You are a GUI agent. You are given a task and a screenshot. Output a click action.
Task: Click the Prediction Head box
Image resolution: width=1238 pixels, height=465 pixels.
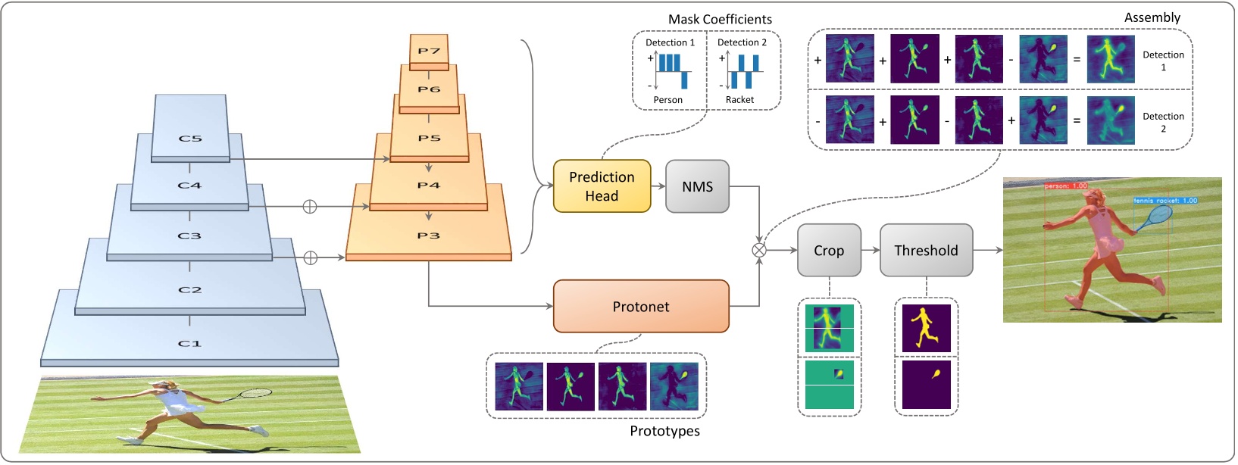tap(602, 186)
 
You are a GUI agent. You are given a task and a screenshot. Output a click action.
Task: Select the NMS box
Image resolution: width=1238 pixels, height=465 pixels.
tap(697, 186)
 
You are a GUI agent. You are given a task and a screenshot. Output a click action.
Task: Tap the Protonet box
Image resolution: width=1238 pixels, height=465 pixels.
tap(641, 307)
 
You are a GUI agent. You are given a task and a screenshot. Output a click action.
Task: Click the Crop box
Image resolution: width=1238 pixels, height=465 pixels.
tap(829, 251)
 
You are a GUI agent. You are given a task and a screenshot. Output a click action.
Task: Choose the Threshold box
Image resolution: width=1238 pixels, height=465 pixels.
tap(926, 251)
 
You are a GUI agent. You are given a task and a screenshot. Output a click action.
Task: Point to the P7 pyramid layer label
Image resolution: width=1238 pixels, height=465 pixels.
tap(429, 51)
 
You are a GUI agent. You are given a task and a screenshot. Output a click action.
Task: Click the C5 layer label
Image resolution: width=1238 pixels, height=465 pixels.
tap(190, 139)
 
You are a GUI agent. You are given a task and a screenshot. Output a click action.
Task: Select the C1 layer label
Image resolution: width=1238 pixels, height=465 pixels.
tap(189, 344)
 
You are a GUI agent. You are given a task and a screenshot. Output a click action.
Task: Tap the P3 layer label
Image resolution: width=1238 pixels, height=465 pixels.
tap(428, 236)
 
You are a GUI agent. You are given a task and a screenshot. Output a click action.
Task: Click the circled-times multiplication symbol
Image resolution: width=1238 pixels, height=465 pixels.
tap(758, 250)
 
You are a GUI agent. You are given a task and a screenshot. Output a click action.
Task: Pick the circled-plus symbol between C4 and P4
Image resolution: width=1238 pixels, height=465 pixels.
tap(309, 206)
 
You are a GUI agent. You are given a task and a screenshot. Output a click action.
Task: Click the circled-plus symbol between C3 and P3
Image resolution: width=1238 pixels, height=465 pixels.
tap(310, 258)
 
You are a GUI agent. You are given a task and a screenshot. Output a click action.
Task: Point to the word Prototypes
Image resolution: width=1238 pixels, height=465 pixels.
tap(664, 431)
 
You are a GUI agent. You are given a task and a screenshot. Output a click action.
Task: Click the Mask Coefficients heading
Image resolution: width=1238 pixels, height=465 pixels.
tap(720, 19)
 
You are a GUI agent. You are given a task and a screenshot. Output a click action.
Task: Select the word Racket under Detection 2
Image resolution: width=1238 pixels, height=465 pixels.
tap(739, 100)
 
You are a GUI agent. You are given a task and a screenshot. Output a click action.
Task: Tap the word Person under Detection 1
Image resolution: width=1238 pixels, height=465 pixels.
tap(667, 100)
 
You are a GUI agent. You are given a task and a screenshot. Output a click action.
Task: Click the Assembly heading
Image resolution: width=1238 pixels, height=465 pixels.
tap(1152, 17)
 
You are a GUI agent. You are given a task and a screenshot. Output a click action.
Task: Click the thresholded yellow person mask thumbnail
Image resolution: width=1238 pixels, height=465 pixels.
tap(926, 328)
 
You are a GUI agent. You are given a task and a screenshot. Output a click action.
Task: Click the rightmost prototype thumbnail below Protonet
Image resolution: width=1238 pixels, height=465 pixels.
tap(674, 387)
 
